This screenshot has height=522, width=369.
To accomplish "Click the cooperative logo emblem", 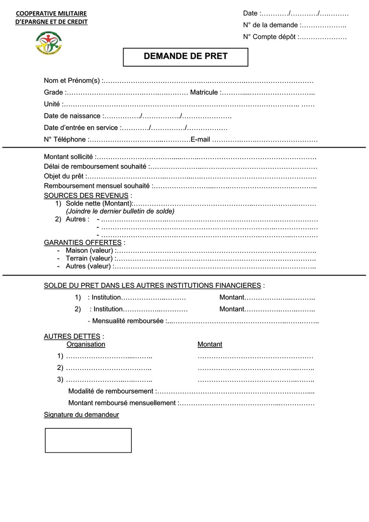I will (x=49, y=42).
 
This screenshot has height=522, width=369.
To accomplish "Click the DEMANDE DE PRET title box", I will (x=185, y=57).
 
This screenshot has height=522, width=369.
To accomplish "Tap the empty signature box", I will (x=88, y=440).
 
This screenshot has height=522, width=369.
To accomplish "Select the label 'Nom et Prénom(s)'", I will (x=72, y=81).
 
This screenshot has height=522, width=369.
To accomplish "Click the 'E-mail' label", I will (x=200, y=140).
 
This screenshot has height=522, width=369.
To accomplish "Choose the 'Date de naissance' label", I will (x=72, y=116).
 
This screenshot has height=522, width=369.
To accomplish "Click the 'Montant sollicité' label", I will (x=68, y=157).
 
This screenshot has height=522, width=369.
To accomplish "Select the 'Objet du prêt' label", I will (x=64, y=176).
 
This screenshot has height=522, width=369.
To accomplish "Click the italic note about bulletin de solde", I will (x=120, y=211).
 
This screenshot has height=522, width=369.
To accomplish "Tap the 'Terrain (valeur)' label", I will (x=89, y=258).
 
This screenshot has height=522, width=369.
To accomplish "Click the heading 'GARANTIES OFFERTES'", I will (x=83, y=242).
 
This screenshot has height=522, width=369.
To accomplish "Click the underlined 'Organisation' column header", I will (x=86, y=344).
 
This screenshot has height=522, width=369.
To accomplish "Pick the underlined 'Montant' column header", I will (x=210, y=344).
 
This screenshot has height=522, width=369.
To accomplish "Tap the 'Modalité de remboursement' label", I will (x=111, y=391).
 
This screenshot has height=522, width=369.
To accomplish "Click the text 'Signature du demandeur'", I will (x=81, y=415).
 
